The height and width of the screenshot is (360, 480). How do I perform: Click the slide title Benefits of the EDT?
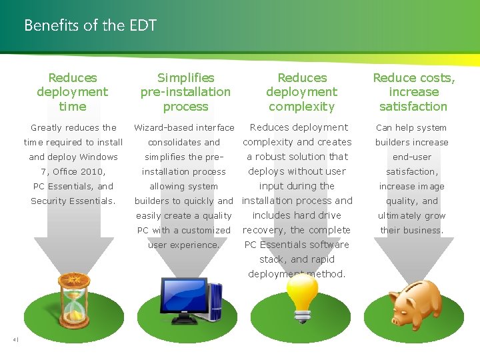90,26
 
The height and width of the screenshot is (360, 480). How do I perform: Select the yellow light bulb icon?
302,299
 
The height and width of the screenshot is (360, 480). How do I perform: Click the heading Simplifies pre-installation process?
185,92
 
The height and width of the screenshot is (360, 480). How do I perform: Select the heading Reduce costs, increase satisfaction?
413,92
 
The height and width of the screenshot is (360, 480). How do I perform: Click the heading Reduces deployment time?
73,92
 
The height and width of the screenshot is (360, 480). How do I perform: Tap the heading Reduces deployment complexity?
302,92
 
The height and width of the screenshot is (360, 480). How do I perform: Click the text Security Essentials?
73,201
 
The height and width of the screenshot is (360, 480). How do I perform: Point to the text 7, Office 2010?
73,171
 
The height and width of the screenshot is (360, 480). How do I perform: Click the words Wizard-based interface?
184,127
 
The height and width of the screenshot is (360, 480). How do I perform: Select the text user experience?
184,245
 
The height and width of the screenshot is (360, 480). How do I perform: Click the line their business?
411,230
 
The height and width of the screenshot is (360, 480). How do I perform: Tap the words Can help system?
411,127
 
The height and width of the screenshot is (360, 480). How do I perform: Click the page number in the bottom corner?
15,340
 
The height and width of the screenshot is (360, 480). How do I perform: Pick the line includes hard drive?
297,215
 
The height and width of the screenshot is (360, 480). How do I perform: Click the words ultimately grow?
411,215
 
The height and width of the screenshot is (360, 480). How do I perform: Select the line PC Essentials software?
297,245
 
